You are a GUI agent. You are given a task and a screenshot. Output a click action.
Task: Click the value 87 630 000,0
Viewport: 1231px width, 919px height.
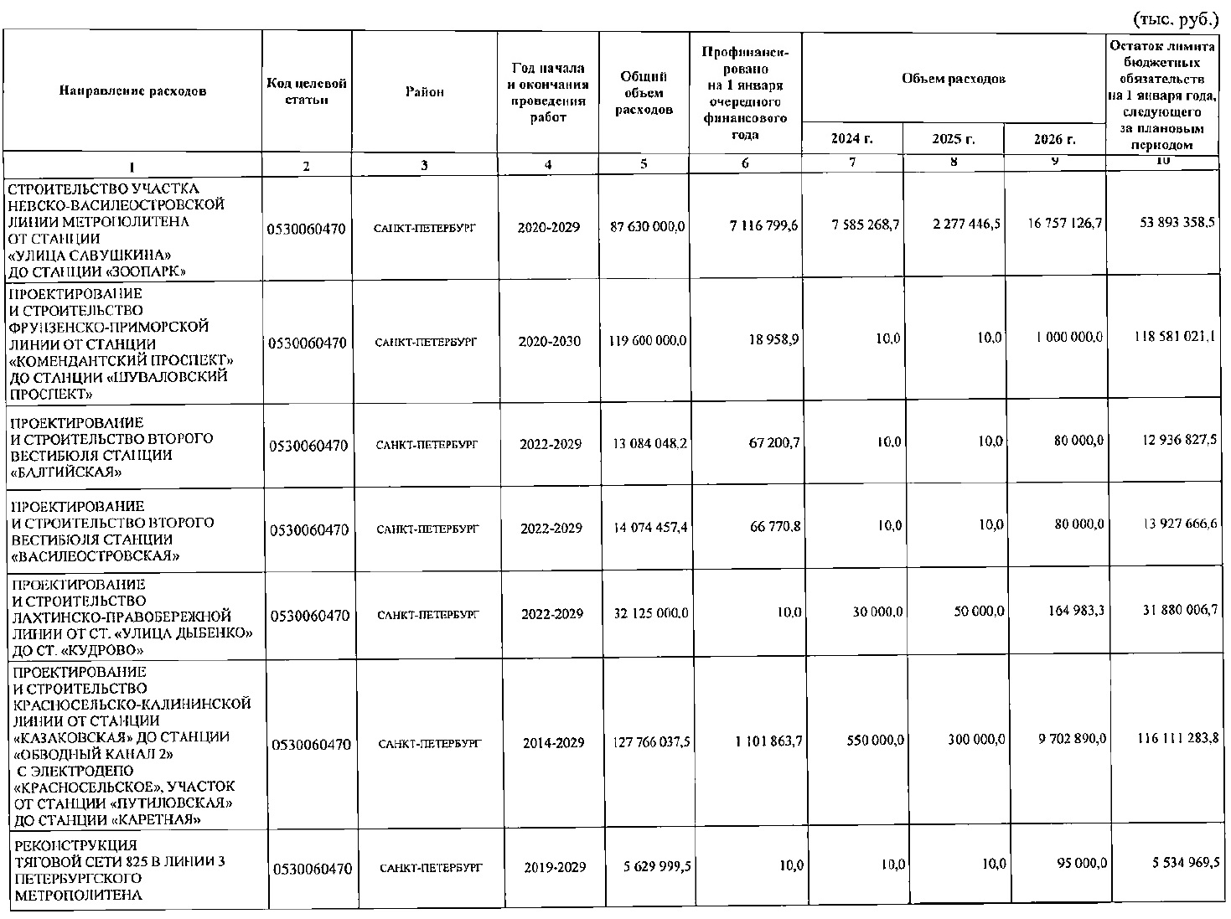click(x=644, y=226)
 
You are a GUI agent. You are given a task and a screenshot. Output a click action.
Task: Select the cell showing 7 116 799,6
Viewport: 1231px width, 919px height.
click(x=763, y=226)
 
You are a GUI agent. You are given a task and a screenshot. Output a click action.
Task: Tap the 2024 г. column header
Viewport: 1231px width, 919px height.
click(x=851, y=138)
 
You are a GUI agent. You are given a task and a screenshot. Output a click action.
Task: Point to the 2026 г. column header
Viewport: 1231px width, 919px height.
click(x=1055, y=139)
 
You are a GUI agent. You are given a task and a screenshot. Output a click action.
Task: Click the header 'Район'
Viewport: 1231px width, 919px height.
click(x=424, y=92)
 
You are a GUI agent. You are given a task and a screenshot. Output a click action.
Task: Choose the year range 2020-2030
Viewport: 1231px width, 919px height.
click(x=549, y=342)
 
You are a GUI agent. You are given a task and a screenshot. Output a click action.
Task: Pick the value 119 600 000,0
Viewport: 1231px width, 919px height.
click(x=644, y=341)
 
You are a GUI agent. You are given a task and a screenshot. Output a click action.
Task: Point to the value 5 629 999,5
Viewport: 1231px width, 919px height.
click(x=657, y=867)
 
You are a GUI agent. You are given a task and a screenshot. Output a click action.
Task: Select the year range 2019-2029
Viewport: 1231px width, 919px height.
click(x=555, y=867)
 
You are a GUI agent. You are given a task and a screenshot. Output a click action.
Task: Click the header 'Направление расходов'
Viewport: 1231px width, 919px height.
click(x=132, y=91)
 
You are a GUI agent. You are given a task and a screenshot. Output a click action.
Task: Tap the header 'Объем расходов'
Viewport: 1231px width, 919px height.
click(x=953, y=79)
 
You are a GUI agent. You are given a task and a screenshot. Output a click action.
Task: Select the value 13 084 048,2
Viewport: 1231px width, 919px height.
click(x=649, y=443)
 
